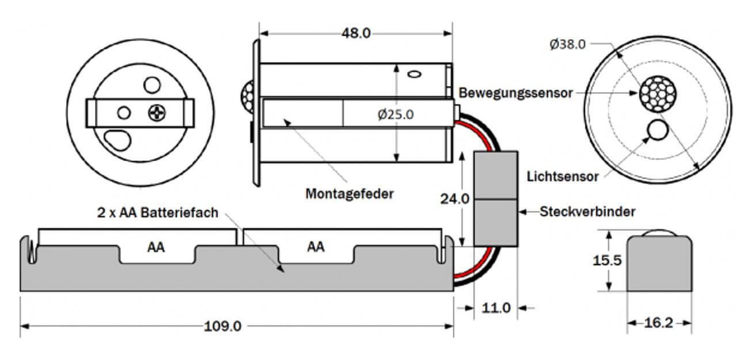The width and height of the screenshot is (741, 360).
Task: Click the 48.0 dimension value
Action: (x=356, y=33)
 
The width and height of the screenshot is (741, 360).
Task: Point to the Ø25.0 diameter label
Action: (x=395, y=114)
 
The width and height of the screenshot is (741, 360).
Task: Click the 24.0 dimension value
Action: (x=454, y=199)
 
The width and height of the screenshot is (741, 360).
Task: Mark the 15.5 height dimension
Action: (x=607, y=261)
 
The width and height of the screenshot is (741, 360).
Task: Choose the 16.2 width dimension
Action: (x=659, y=323)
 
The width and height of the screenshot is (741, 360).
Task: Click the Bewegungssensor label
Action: (x=515, y=93)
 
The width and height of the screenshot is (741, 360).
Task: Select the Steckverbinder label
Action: (x=587, y=212)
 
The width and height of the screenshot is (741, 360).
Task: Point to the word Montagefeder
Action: (x=350, y=194)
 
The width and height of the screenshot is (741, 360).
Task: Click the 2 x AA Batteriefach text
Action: (x=157, y=213)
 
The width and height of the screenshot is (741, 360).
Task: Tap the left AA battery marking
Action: (x=156, y=247)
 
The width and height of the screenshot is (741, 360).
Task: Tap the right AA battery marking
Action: (x=315, y=247)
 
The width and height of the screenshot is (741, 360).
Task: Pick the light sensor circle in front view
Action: (x=656, y=131)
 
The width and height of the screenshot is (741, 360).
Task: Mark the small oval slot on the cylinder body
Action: (x=415, y=74)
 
